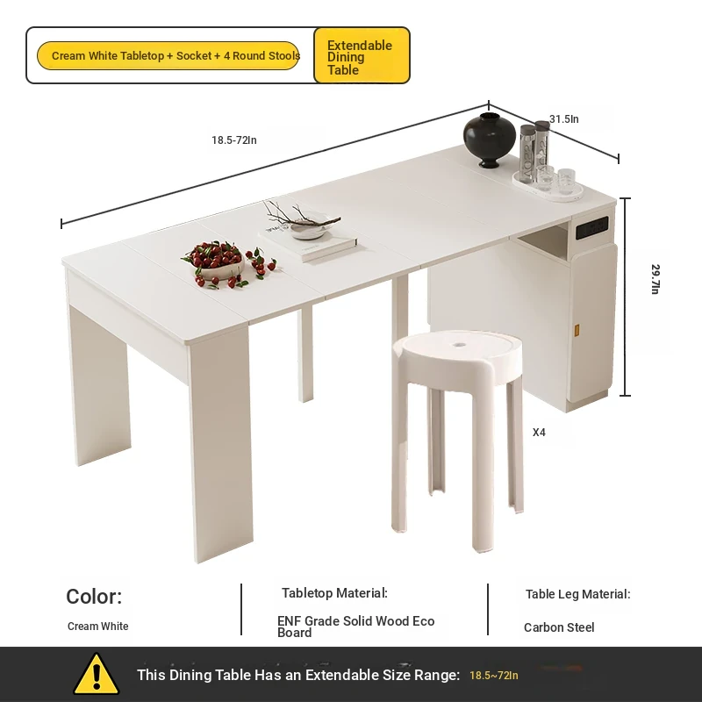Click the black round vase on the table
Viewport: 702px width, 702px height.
tap(489, 140)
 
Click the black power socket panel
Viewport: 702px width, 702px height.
tap(591, 227)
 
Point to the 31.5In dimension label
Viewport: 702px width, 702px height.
tap(563, 119)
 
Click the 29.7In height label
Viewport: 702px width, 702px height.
tap(655, 279)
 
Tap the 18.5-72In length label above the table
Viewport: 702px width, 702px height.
tap(234, 140)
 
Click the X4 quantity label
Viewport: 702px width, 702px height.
tap(539, 433)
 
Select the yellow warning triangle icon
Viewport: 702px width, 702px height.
tap(97, 675)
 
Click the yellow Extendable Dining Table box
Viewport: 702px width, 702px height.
tap(362, 55)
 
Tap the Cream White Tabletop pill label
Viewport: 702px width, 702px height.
tap(168, 56)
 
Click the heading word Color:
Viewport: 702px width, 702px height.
tap(94, 597)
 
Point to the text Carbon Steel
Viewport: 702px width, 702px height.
tap(559, 627)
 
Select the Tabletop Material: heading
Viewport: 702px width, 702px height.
tap(334, 593)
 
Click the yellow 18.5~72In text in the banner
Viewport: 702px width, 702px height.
tap(494, 675)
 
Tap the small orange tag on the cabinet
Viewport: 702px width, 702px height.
tap(577, 331)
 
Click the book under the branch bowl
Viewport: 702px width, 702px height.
tap(309, 244)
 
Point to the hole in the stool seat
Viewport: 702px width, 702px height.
tap(458, 345)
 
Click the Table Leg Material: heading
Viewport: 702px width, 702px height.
tap(578, 594)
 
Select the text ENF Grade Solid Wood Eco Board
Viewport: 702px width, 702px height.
tap(356, 627)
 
